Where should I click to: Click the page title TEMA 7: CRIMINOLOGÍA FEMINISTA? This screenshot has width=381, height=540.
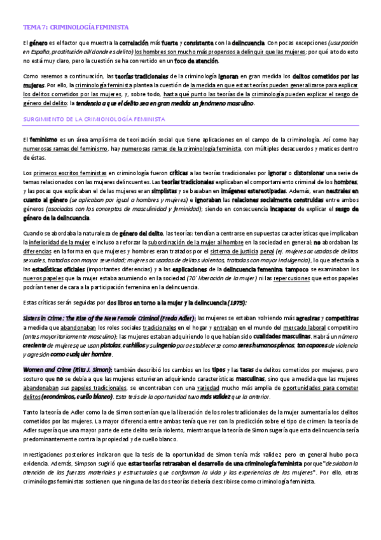point(76,28)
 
